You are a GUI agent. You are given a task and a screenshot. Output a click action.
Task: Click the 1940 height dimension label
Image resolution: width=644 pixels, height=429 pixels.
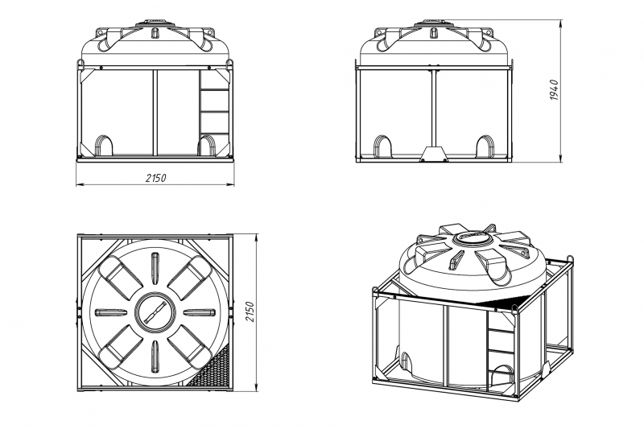tap(554, 90)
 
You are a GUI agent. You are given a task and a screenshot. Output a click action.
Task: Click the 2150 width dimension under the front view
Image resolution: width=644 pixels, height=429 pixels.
tap(155, 178)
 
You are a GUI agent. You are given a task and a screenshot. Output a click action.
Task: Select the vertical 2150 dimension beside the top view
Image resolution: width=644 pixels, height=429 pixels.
tap(250, 311)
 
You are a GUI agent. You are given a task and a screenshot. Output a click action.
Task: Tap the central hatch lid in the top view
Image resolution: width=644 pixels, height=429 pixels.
tap(155, 313)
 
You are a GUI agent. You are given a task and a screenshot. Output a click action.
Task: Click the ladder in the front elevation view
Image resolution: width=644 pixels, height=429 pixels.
tap(214, 113)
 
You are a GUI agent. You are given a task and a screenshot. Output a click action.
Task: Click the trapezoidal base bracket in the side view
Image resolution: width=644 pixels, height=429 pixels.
tap(434, 154)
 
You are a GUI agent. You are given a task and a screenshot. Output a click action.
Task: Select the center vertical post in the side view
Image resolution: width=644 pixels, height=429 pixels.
tap(434, 109)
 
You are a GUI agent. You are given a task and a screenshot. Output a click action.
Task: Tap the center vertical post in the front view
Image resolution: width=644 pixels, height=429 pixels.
tap(155, 113)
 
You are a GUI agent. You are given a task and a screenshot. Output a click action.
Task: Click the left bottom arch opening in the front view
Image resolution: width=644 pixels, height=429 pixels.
tap(104, 146)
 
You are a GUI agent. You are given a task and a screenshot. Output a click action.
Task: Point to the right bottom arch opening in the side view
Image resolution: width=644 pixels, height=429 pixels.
tap(485, 146)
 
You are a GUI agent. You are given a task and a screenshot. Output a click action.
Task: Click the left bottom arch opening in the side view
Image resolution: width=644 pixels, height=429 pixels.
tap(382, 146)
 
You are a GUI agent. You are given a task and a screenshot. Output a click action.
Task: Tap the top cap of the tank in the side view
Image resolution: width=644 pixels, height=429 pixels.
tap(434, 23)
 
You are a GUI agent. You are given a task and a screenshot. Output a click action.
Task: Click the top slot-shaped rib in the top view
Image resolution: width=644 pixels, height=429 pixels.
tap(155, 269)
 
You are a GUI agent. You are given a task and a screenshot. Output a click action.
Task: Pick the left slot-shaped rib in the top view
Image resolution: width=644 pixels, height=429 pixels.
tap(111, 313)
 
